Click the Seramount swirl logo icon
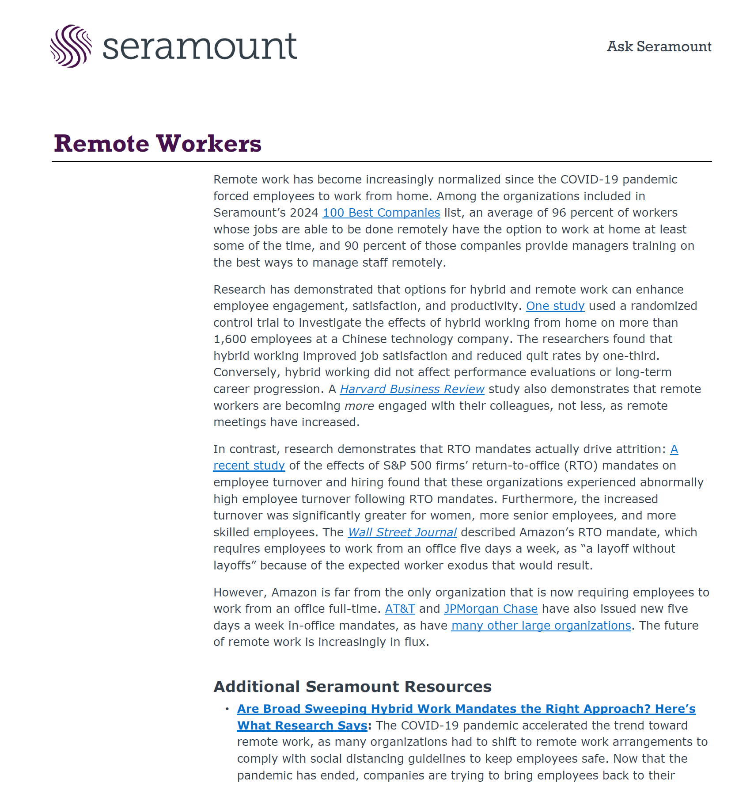(71, 46)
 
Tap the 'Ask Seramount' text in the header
(659, 46)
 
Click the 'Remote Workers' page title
(158, 144)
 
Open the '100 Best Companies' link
(381, 213)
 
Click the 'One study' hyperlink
(555, 306)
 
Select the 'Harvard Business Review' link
(412, 389)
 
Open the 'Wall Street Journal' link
(402, 532)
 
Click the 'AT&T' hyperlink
(400, 609)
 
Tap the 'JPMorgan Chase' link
(491, 609)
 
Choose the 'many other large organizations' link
(541, 626)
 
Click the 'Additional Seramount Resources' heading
(352, 687)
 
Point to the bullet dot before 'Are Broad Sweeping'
(227, 709)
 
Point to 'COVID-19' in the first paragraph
(589, 180)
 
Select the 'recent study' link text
(249, 466)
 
